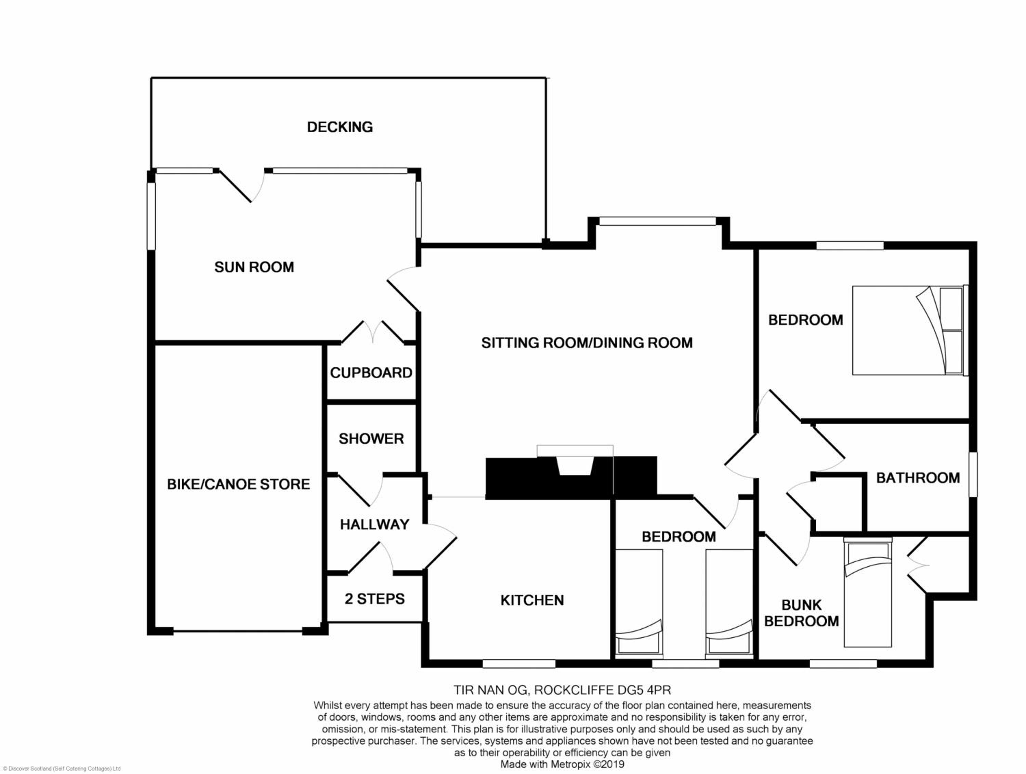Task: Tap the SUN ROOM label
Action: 254,267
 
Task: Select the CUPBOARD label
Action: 371,373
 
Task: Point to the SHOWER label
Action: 371,439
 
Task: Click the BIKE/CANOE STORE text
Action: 238,484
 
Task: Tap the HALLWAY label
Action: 375,524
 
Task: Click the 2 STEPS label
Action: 375,599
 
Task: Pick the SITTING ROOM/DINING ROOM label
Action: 587,343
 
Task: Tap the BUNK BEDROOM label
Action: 802,613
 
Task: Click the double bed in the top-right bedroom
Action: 910,330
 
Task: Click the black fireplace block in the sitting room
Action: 571,478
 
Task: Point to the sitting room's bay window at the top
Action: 658,221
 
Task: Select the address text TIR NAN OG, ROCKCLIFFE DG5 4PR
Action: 562,690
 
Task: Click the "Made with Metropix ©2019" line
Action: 562,764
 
